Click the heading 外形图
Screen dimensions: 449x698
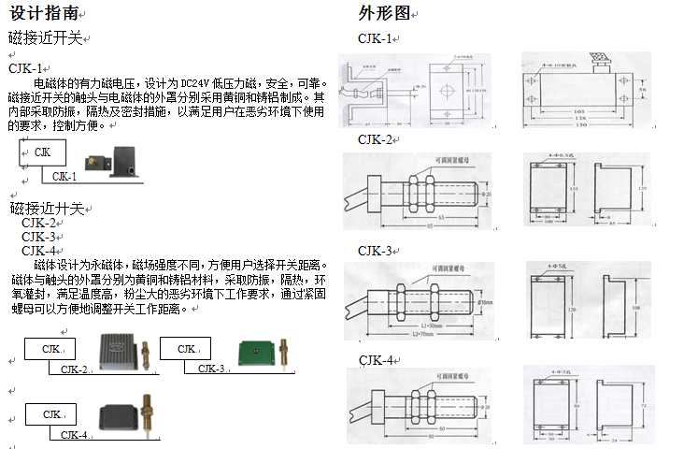point(384,13)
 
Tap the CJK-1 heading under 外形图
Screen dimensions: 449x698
point(376,38)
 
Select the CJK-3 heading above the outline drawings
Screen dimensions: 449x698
point(376,251)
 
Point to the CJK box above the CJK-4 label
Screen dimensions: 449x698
point(43,413)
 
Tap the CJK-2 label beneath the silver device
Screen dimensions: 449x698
point(74,369)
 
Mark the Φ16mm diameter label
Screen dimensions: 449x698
point(485,302)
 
